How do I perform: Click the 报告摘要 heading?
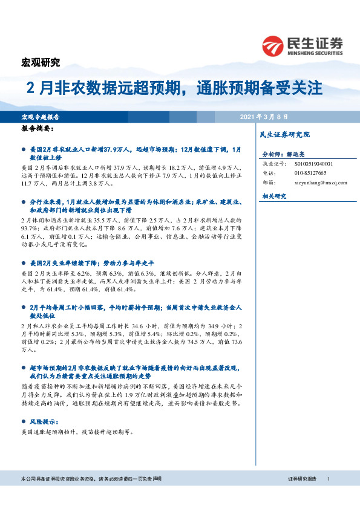pos(37,129)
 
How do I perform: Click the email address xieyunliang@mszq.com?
pos(321,182)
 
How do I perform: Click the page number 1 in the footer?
pos(327,479)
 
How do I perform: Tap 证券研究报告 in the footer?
pos(302,479)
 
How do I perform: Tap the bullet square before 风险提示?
pos(24,420)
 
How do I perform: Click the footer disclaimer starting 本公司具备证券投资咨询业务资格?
pos(90,479)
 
